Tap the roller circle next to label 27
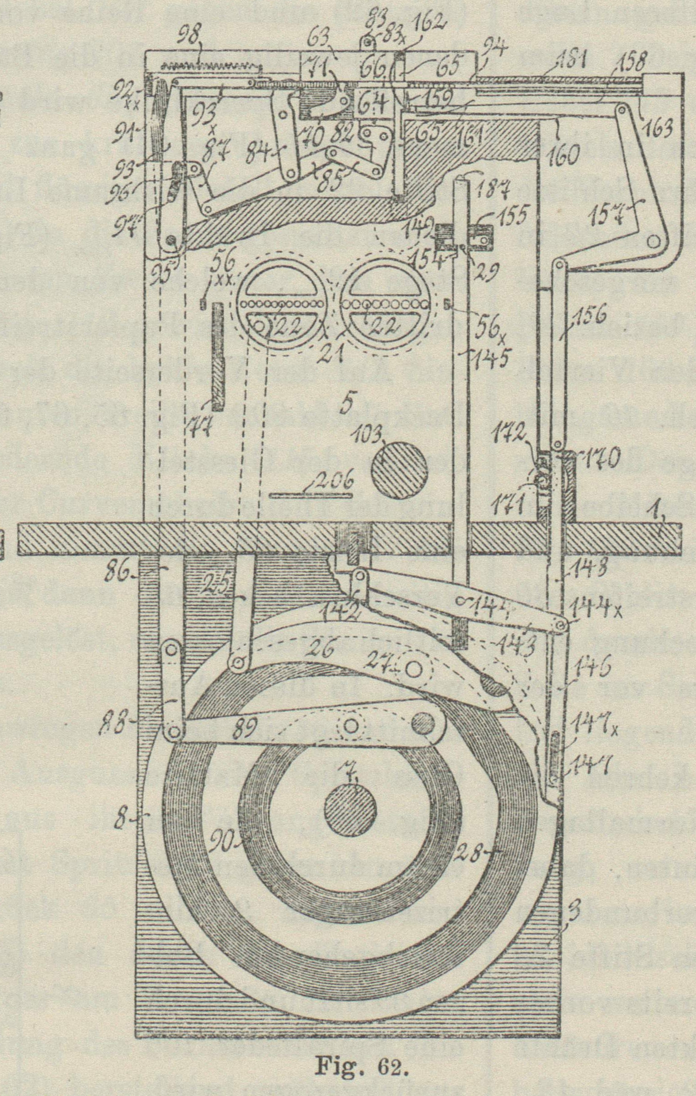(x=413, y=669)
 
